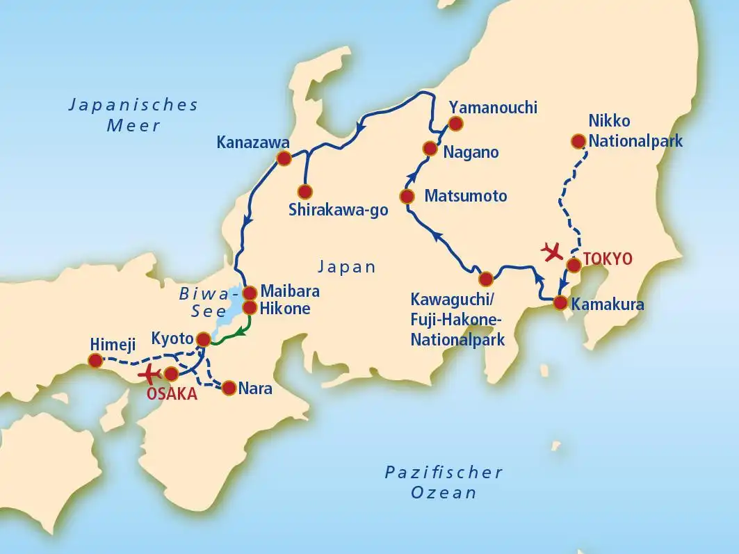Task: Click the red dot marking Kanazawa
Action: pyautogui.click(x=284, y=158)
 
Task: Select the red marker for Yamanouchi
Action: pyautogui.click(x=455, y=124)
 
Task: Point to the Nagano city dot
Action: pyautogui.click(x=430, y=148)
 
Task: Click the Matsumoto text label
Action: pyautogui.click(x=466, y=195)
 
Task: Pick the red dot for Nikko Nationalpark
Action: pyautogui.click(x=578, y=142)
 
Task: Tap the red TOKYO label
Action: pyautogui.click(x=608, y=259)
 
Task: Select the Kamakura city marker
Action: pyautogui.click(x=560, y=302)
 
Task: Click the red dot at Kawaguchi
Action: pyautogui.click(x=486, y=279)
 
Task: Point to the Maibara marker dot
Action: pyautogui.click(x=249, y=292)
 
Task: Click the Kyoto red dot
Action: pyautogui.click(x=203, y=339)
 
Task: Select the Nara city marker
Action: pyautogui.click(x=228, y=388)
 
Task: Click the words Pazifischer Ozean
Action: pyautogui.click(x=444, y=482)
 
